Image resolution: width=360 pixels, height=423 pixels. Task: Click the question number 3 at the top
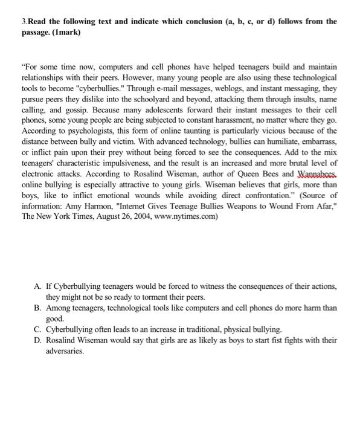click(x=24, y=21)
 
